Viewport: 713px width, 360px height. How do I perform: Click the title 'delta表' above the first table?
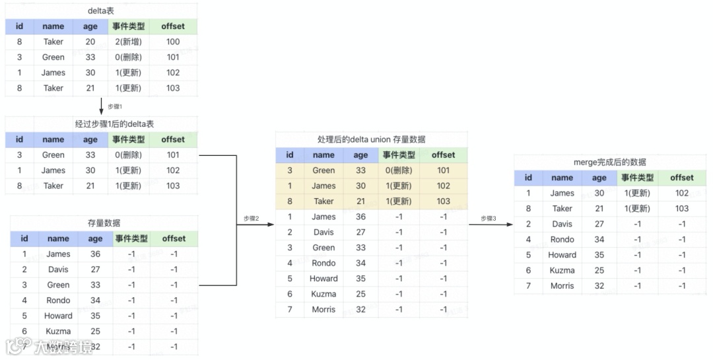point(100,11)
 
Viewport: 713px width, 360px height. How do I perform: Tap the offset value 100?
point(173,42)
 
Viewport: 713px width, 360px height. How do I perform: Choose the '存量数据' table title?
point(104,223)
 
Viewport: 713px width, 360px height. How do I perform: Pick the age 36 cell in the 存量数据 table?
point(95,254)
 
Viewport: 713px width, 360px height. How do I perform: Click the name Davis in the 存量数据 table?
point(58,270)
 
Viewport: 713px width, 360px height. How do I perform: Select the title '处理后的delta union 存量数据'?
point(371,139)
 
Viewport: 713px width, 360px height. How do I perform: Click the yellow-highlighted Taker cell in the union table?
point(323,201)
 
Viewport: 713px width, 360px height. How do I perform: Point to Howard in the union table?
point(323,279)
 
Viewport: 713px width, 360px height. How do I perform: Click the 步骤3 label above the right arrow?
point(488,218)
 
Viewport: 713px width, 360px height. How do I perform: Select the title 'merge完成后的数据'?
point(610,162)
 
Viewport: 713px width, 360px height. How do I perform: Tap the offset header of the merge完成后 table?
point(682,178)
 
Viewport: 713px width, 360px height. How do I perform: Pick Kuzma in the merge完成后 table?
point(562,270)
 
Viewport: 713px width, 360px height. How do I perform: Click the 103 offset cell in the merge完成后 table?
point(682,209)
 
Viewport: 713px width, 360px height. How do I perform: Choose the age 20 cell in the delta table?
point(90,42)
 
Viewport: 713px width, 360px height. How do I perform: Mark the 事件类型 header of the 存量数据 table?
point(131,238)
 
